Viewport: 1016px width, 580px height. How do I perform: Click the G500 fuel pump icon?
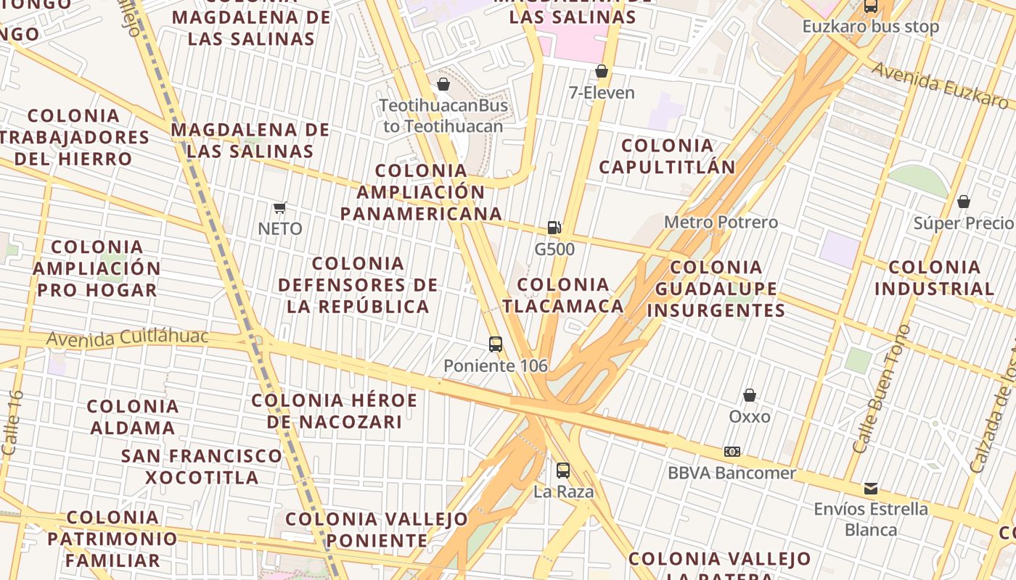[x=554, y=228]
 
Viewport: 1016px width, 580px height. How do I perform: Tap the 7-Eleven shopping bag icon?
[x=601, y=71]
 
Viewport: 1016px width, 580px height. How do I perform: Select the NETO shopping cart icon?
[x=280, y=208]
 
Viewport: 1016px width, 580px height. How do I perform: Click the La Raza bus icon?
[x=563, y=471]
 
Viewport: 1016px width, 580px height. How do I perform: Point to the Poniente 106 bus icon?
[x=496, y=344]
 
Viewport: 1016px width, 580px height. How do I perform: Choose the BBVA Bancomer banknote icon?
[x=732, y=452]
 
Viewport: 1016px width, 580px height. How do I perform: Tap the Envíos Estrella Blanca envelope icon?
[x=870, y=488]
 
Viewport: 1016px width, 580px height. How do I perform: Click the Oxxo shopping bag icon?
[x=750, y=395]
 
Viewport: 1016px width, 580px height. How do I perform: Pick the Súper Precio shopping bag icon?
[x=964, y=202]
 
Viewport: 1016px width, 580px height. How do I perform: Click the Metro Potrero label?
[x=721, y=222]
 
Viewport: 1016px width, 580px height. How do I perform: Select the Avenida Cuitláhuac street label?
[x=127, y=338]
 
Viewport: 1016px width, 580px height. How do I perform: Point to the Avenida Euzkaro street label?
[x=941, y=85]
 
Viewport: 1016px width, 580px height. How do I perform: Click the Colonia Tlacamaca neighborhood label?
[x=563, y=295]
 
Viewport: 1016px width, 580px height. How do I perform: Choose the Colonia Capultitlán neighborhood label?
[x=668, y=156]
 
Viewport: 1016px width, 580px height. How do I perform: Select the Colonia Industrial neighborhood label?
[x=935, y=278]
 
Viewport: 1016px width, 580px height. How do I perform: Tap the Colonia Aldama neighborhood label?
[x=133, y=417]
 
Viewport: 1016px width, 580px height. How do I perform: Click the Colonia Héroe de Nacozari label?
[x=335, y=411]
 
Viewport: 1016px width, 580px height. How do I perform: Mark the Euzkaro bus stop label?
[x=870, y=27]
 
